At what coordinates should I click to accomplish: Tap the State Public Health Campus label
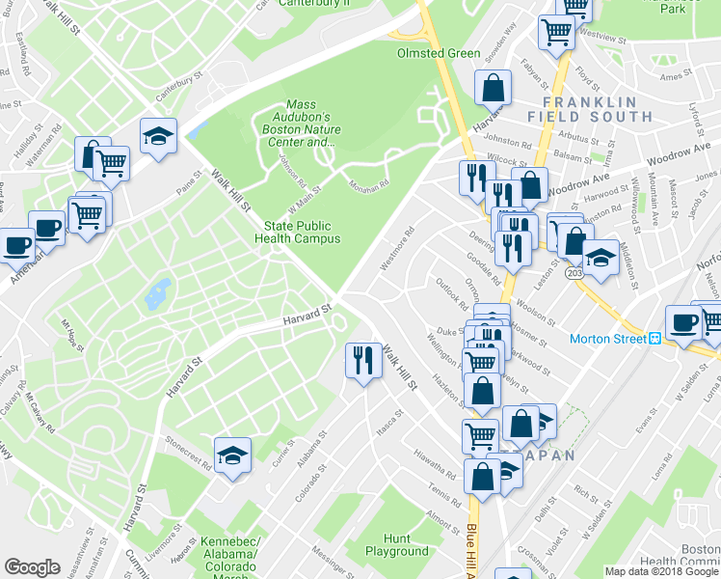click(303, 232)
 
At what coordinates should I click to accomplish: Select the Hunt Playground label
click(396, 545)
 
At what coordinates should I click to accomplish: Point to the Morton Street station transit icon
click(654, 339)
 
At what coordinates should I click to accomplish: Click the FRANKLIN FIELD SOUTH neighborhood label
click(589, 109)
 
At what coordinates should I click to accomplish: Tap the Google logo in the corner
click(32, 567)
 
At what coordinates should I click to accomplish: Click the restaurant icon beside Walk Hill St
click(362, 361)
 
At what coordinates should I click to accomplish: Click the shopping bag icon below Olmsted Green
click(493, 88)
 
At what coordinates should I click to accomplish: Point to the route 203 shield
click(574, 274)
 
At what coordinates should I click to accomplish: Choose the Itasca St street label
click(388, 419)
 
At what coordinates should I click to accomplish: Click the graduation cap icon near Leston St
click(600, 258)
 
